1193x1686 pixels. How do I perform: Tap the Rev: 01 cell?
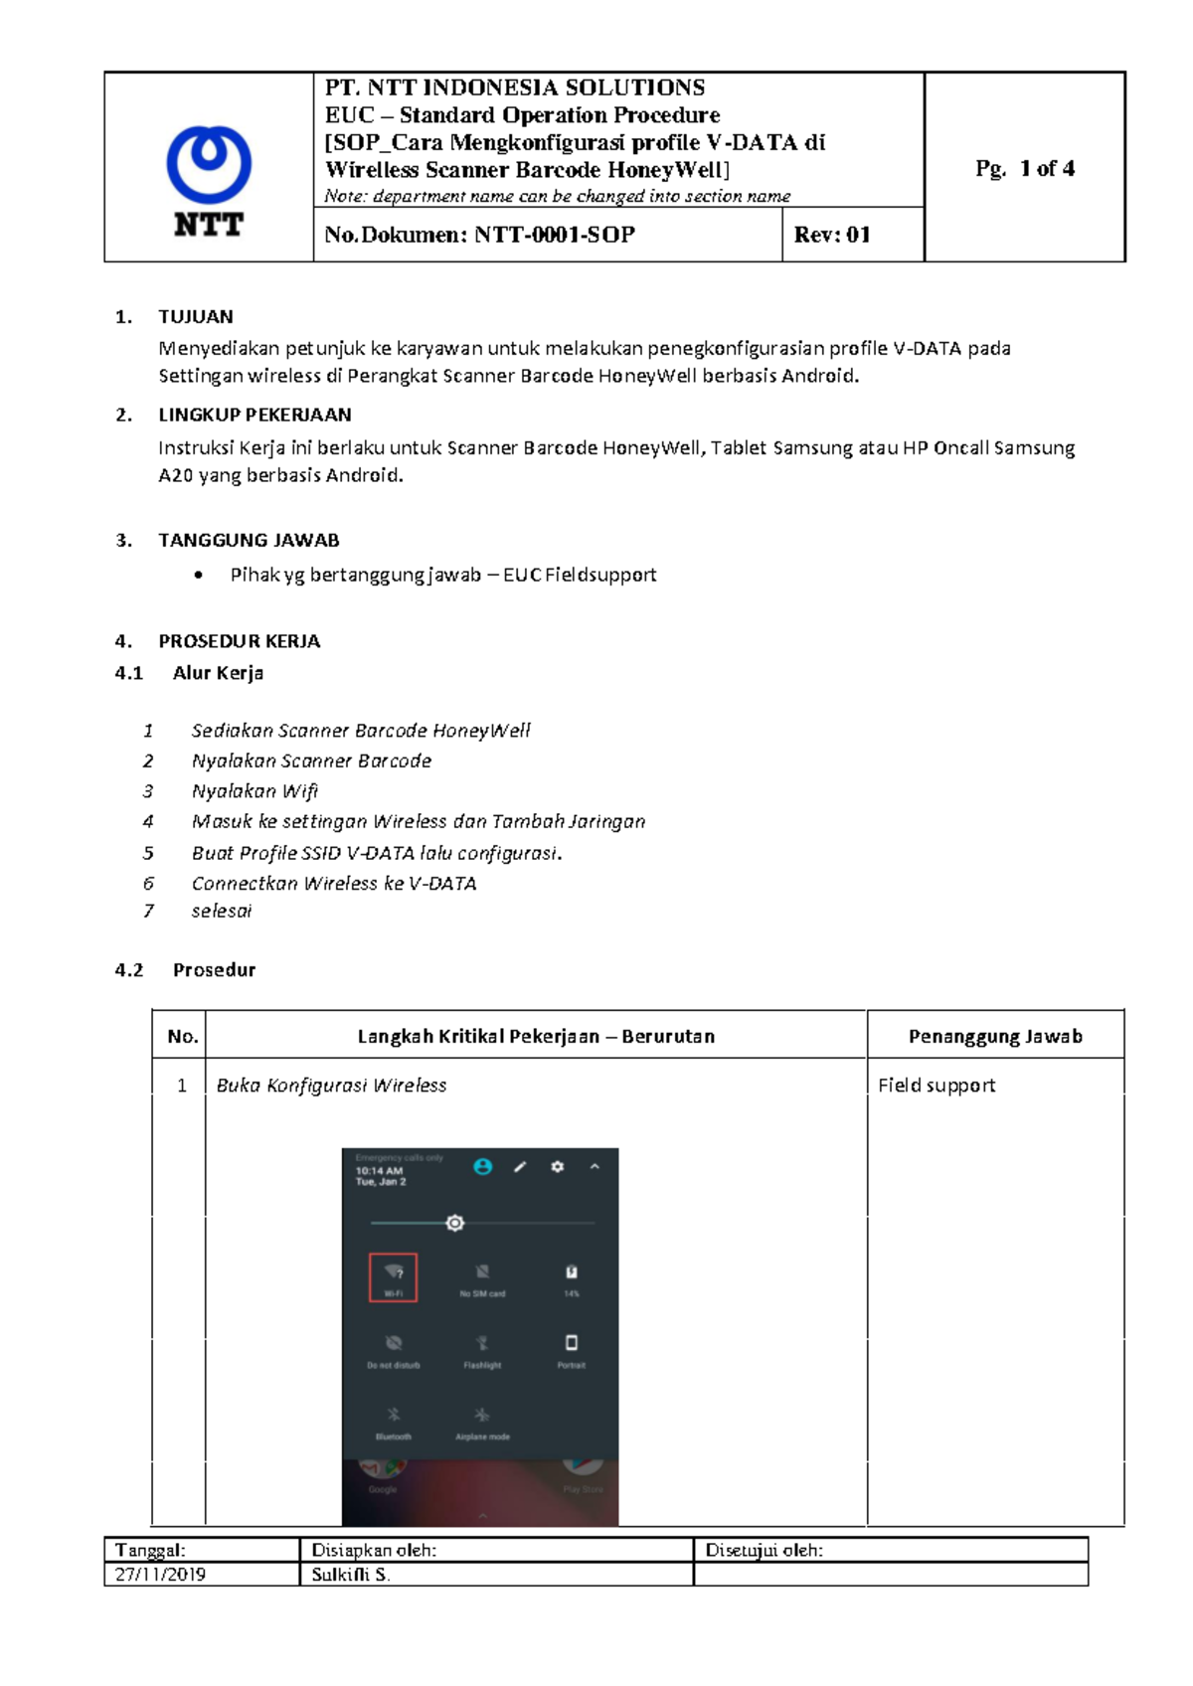pyautogui.click(x=832, y=236)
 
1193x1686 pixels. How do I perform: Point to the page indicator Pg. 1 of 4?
pyautogui.click(x=1024, y=169)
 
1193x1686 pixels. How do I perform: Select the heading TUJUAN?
pyautogui.click(x=195, y=317)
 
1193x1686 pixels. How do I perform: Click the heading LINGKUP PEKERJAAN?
pyautogui.click(x=255, y=415)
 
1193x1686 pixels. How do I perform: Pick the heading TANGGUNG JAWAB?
pyautogui.click(x=249, y=541)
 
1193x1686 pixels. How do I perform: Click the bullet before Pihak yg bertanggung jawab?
pyautogui.click(x=200, y=576)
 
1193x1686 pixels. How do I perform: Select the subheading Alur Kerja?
pyautogui.click(x=218, y=673)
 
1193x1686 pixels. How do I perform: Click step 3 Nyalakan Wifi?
pyautogui.click(x=255, y=791)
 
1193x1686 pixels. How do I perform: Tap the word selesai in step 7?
pyautogui.click(x=222, y=911)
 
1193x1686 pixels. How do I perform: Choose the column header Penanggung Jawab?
pyautogui.click(x=995, y=1037)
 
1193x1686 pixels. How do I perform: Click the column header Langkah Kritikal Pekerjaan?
pyautogui.click(x=536, y=1037)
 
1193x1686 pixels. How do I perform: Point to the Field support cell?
pyautogui.click(x=936, y=1086)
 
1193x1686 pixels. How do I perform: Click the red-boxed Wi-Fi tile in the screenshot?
pyautogui.click(x=393, y=1276)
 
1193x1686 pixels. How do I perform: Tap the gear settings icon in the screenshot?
pyautogui.click(x=558, y=1167)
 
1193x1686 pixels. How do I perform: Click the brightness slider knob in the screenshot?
pyautogui.click(x=455, y=1223)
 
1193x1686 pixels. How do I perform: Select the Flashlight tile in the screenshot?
pyautogui.click(x=482, y=1350)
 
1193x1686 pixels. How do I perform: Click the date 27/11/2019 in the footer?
pyautogui.click(x=160, y=1575)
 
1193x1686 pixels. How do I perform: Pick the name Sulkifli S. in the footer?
pyautogui.click(x=350, y=1575)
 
